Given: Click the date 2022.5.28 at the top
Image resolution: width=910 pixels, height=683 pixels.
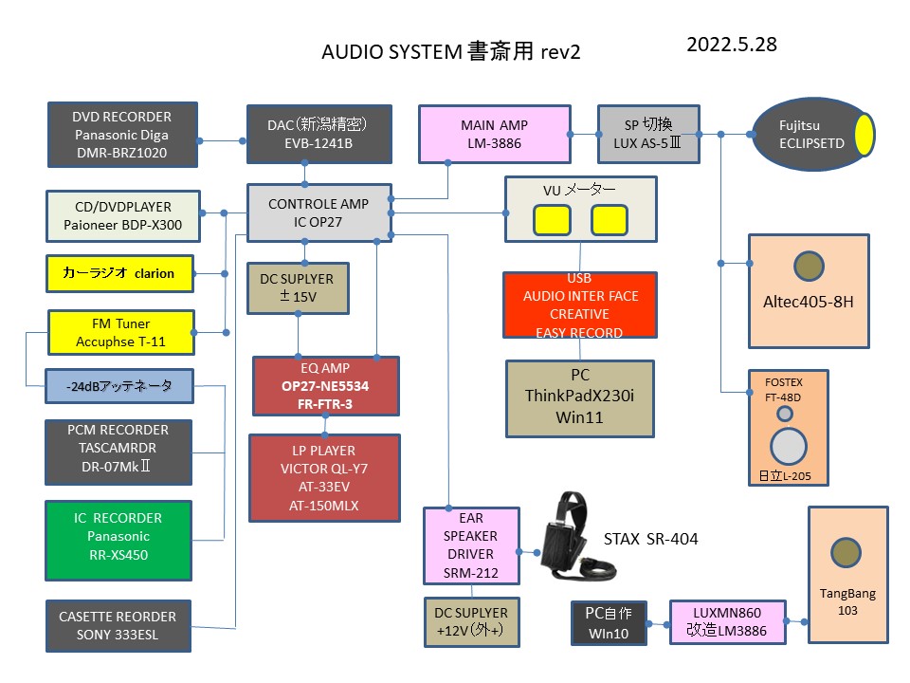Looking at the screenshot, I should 732,45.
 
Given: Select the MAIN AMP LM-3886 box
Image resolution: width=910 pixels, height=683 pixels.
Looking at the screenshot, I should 494,134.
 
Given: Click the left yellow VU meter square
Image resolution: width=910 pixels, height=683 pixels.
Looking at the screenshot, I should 552,220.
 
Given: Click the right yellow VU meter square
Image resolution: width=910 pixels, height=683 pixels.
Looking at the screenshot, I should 610,220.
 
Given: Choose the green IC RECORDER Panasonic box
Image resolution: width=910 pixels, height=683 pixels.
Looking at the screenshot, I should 118,536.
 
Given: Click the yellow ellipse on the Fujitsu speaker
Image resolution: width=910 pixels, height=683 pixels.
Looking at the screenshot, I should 864,134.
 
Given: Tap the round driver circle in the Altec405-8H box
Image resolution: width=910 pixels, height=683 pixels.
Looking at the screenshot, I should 809,268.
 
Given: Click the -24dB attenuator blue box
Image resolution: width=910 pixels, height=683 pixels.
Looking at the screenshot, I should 119,386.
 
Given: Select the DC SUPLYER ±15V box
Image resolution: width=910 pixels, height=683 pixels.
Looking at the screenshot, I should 297,288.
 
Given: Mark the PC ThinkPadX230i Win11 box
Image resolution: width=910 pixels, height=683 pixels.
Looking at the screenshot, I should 579,398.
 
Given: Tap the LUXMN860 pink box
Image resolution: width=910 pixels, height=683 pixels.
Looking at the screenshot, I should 728,622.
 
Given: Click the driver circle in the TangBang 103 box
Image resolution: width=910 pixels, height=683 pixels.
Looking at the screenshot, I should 846,553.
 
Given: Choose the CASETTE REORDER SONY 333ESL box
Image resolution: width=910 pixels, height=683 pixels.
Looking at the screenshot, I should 118,625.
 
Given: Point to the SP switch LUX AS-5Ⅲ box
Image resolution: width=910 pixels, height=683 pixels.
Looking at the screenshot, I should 648,134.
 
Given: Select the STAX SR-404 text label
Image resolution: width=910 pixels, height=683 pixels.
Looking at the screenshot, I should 650,539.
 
